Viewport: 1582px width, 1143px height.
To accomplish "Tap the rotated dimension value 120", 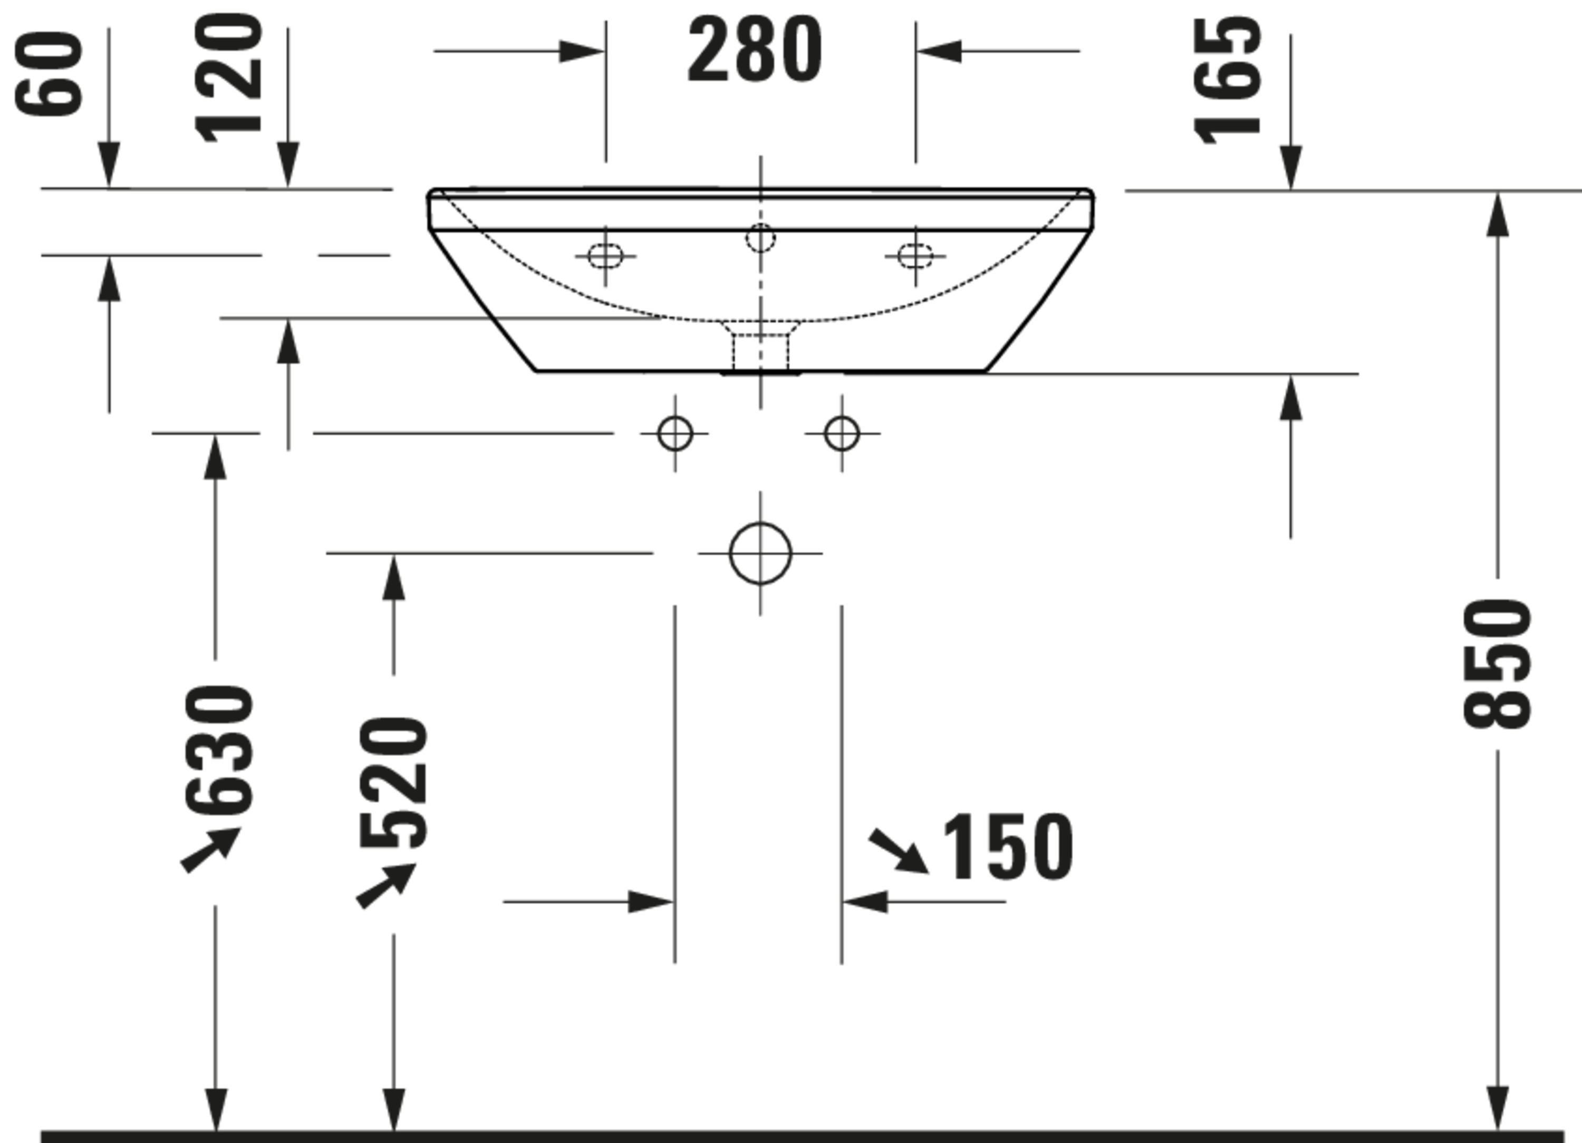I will pyautogui.click(x=229, y=78).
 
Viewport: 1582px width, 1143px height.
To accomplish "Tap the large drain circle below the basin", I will pyautogui.click(x=760, y=553).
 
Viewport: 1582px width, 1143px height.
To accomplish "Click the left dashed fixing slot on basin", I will pyautogui.click(x=605, y=256).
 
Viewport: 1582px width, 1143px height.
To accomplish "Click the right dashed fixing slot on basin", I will pyautogui.click(x=915, y=256).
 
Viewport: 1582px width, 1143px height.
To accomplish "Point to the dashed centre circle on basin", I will pyautogui.click(x=760, y=238).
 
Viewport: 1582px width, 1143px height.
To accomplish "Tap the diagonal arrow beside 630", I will pyautogui.click(x=210, y=849).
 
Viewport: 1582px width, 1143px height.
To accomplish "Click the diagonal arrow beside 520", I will pyautogui.click(x=385, y=886).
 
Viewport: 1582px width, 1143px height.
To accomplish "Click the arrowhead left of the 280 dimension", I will pyautogui.click(x=582, y=52).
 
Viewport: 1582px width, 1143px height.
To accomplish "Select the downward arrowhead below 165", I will pyautogui.click(x=1291, y=167).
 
